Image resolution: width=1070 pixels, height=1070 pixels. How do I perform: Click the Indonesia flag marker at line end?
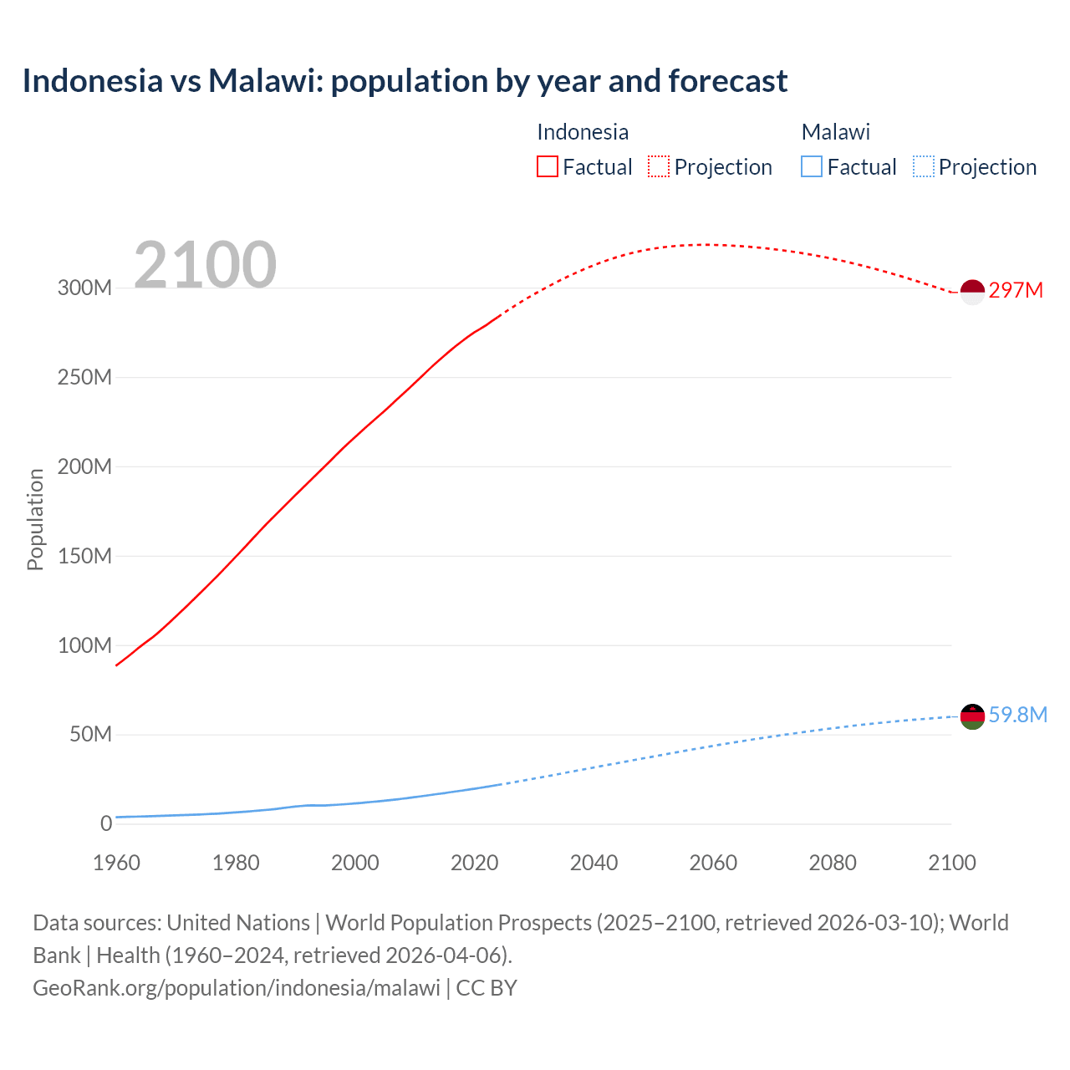point(972,292)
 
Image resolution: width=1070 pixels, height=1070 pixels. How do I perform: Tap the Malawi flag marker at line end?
point(972,716)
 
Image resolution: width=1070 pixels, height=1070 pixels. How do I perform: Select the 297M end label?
point(1016,290)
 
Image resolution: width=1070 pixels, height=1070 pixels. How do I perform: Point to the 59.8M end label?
point(1017,715)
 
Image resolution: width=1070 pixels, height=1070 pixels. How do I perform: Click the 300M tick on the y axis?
point(84,288)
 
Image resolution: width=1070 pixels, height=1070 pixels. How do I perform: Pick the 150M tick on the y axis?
point(84,556)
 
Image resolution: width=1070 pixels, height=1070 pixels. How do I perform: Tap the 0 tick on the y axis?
point(105,823)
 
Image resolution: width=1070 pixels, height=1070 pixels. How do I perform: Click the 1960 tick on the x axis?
point(116,863)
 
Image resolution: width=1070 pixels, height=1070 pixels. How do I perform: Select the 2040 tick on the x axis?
point(594,863)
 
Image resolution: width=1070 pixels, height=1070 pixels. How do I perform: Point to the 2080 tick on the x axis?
point(833,863)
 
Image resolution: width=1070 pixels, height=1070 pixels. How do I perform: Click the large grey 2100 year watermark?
point(205,265)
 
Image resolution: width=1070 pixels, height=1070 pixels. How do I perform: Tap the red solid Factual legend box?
point(548,166)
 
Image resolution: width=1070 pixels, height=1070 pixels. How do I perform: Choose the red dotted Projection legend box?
point(659,166)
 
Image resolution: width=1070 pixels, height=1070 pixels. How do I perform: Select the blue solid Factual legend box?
point(812,166)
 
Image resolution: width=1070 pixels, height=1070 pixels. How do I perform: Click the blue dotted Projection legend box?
point(924,166)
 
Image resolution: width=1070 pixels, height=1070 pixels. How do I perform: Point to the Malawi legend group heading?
point(835,132)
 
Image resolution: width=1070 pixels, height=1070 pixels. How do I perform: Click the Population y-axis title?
point(35,519)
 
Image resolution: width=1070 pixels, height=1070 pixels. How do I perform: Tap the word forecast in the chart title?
point(727,81)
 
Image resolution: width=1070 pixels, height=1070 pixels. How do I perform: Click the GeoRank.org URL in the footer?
point(237,987)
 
